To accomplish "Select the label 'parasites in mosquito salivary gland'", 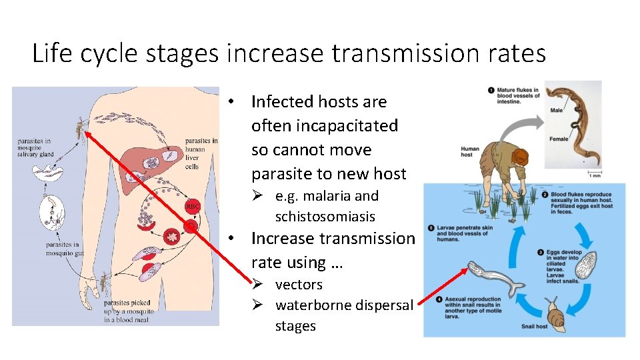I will [x=36, y=147].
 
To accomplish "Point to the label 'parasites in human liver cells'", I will [x=201, y=153].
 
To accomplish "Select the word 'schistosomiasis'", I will [x=325, y=217].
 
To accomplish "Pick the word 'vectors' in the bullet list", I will [x=299, y=285].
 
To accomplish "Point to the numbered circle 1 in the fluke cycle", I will [x=491, y=90].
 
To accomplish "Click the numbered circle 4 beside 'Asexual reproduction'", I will [x=438, y=300].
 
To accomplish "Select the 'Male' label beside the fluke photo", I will [x=557, y=110].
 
